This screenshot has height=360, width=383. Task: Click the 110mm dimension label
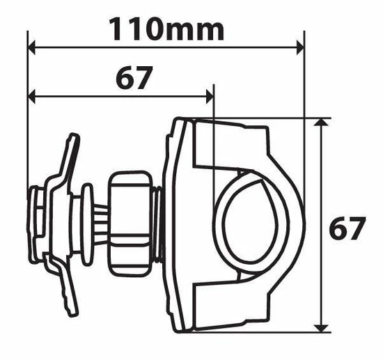pos(166,29)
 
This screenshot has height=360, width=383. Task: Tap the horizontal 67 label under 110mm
pos(133,79)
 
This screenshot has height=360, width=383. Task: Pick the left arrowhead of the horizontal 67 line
pos(31,95)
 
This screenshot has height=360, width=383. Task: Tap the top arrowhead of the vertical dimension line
pos(320,123)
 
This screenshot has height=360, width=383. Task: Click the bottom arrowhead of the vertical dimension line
pos(320,327)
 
